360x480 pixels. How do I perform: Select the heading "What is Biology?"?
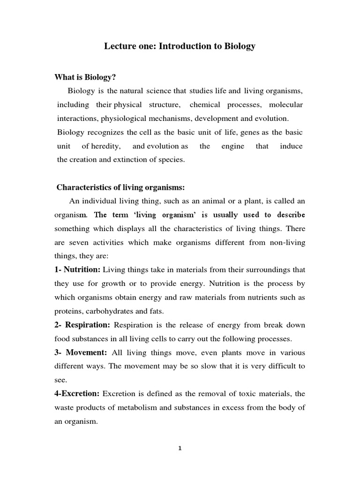85,77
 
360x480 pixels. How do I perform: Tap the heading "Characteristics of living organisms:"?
121,187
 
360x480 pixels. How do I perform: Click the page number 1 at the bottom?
180,448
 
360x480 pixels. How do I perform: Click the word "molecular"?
285,105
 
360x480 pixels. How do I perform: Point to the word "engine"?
233,146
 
